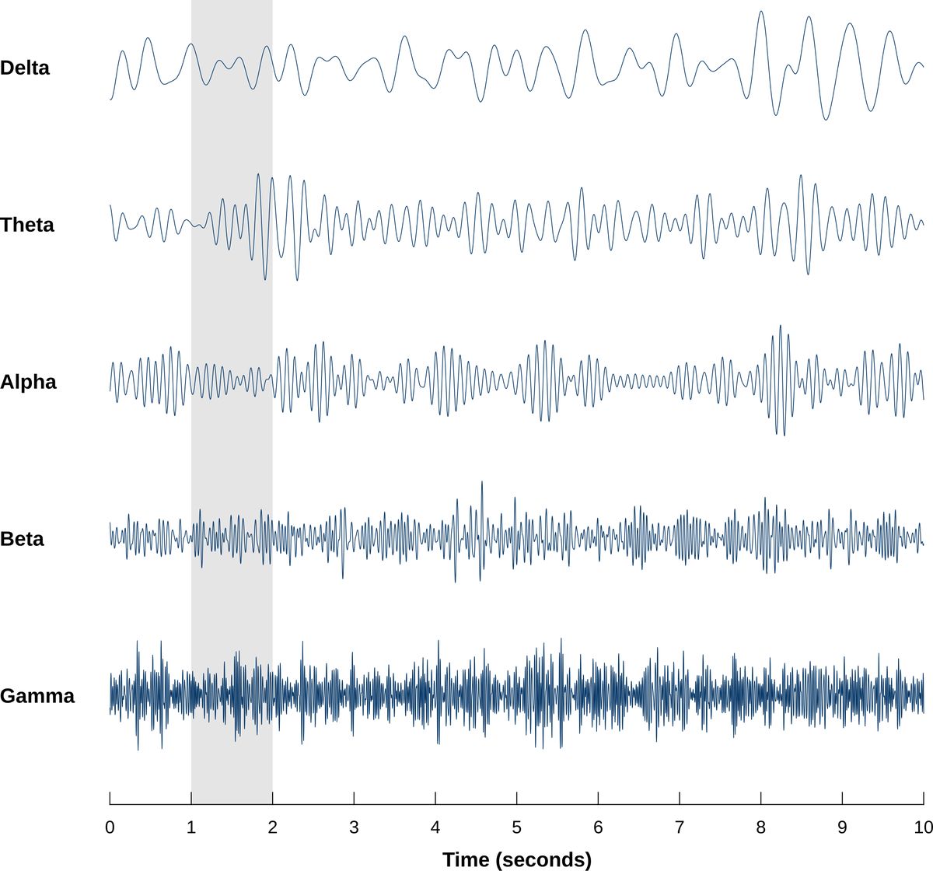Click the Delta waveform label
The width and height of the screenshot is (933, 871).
click(25, 68)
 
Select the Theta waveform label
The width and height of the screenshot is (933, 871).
click(27, 225)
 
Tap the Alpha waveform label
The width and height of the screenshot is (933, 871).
click(28, 382)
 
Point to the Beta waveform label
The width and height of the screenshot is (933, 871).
click(23, 538)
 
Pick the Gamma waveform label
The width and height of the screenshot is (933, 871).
click(37, 695)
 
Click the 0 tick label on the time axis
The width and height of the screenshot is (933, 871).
click(110, 827)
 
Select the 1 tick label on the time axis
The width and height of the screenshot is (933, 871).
click(191, 827)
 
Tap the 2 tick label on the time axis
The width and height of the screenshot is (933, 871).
click(272, 827)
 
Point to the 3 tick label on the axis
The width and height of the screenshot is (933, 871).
click(354, 827)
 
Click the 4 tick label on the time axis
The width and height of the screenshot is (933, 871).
click(435, 827)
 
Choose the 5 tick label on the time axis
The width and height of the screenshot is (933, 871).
click(516, 827)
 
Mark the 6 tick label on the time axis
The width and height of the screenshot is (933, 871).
click(598, 827)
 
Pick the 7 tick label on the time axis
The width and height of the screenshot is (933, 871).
click(680, 827)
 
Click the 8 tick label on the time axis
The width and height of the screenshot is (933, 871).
click(760, 827)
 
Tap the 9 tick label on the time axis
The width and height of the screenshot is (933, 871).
click(842, 827)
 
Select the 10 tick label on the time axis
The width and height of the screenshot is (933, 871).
click(923, 827)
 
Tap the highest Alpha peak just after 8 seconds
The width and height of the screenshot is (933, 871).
click(779, 327)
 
